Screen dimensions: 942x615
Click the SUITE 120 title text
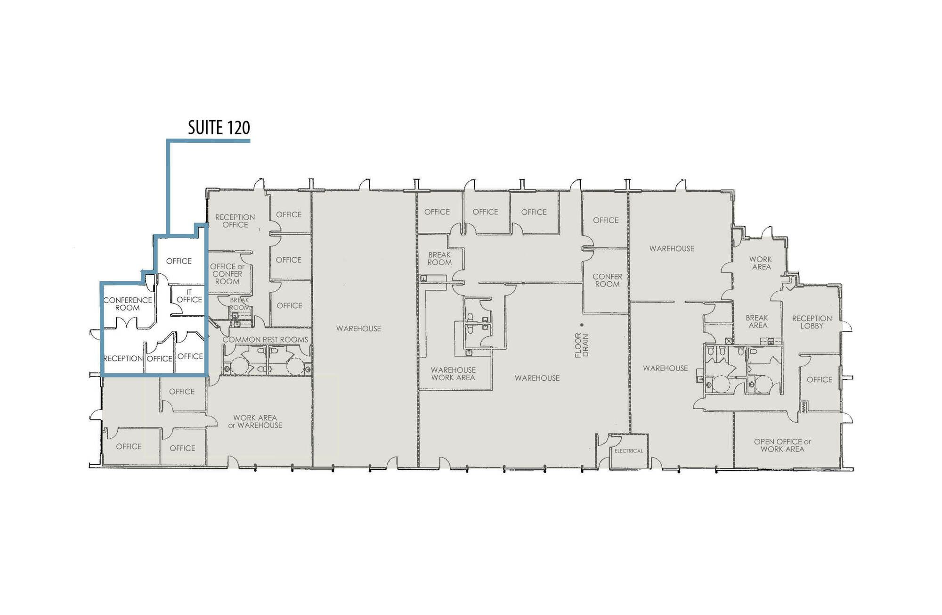(x=219, y=127)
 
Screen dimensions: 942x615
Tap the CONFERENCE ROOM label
(x=128, y=304)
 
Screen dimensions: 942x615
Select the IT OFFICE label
(x=189, y=296)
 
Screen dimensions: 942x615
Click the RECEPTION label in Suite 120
(x=123, y=358)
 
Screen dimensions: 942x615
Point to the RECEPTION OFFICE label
(x=235, y=221)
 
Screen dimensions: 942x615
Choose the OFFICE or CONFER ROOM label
(x=227, y=274)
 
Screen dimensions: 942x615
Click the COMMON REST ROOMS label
(x=265, y=339)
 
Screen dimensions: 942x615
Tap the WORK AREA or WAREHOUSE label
(x=255, y=421)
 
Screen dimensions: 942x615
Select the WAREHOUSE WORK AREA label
(x=453, y=374)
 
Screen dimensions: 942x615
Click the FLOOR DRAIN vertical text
(x=582, y=345)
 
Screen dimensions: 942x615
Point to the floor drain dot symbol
(x=582, y=325)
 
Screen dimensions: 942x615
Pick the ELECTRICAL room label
(x=629, y=451)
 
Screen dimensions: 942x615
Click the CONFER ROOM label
(x=608, y=280)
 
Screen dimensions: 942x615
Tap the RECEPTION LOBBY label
(x=812, y=322)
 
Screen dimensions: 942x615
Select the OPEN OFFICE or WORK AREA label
(x=782, y=445)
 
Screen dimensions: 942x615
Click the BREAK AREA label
(x=757, y=321)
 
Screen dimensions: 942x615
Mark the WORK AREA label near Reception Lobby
(x=761, y=263)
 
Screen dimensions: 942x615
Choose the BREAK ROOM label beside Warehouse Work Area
(x=439, y=259)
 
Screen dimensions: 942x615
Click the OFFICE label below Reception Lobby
(x=820, y=379)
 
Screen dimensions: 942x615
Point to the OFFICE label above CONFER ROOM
(x=606, y=220)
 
